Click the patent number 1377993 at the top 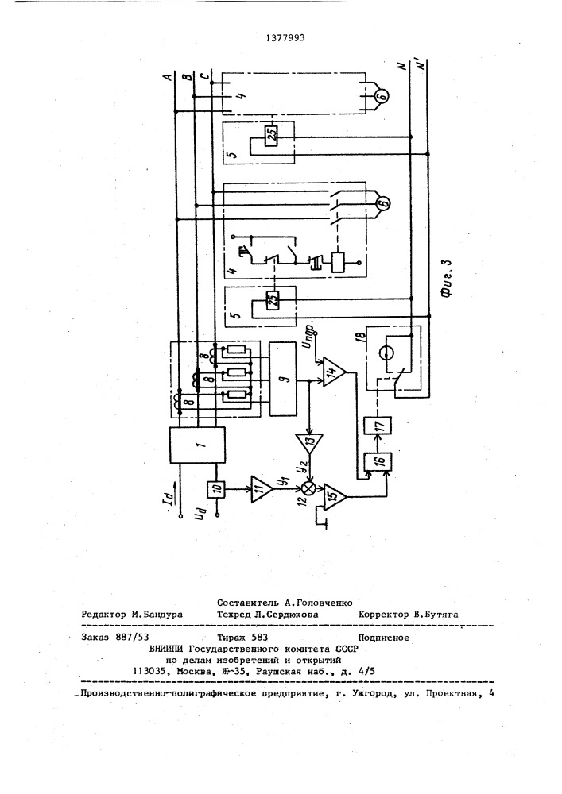coord(286,38)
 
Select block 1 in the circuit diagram coord(197,445)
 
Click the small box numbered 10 coord(216,489)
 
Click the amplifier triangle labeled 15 coord(335,496)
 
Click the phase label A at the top coord(166,77)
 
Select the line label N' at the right coord(421,67)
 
